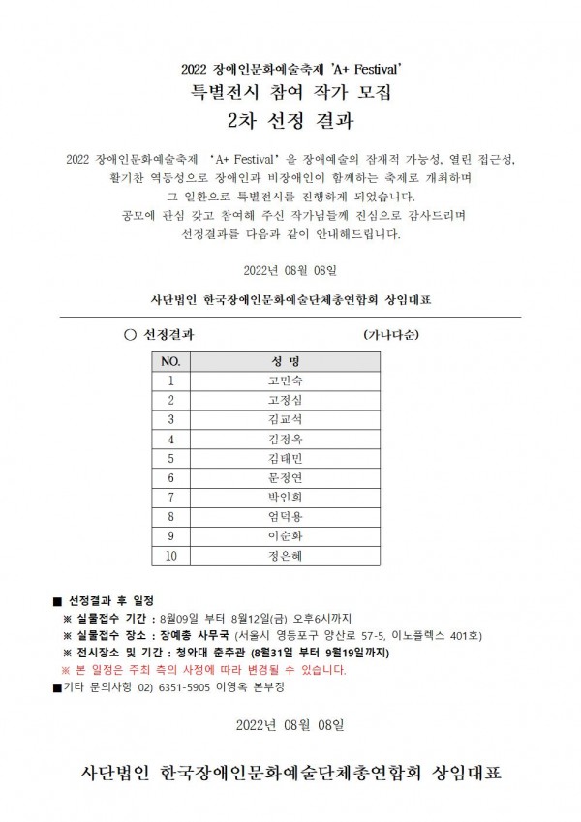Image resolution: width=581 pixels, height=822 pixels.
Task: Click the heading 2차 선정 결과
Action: (x=290, y=123)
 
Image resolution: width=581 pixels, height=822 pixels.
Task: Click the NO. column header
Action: (x=170, y=360)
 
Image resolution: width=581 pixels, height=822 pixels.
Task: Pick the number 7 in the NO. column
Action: (x=170, y=497)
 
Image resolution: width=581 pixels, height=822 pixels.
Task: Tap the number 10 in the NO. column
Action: (x=170, y=556)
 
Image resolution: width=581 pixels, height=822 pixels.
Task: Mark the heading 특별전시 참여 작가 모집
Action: (x=290, y=94)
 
